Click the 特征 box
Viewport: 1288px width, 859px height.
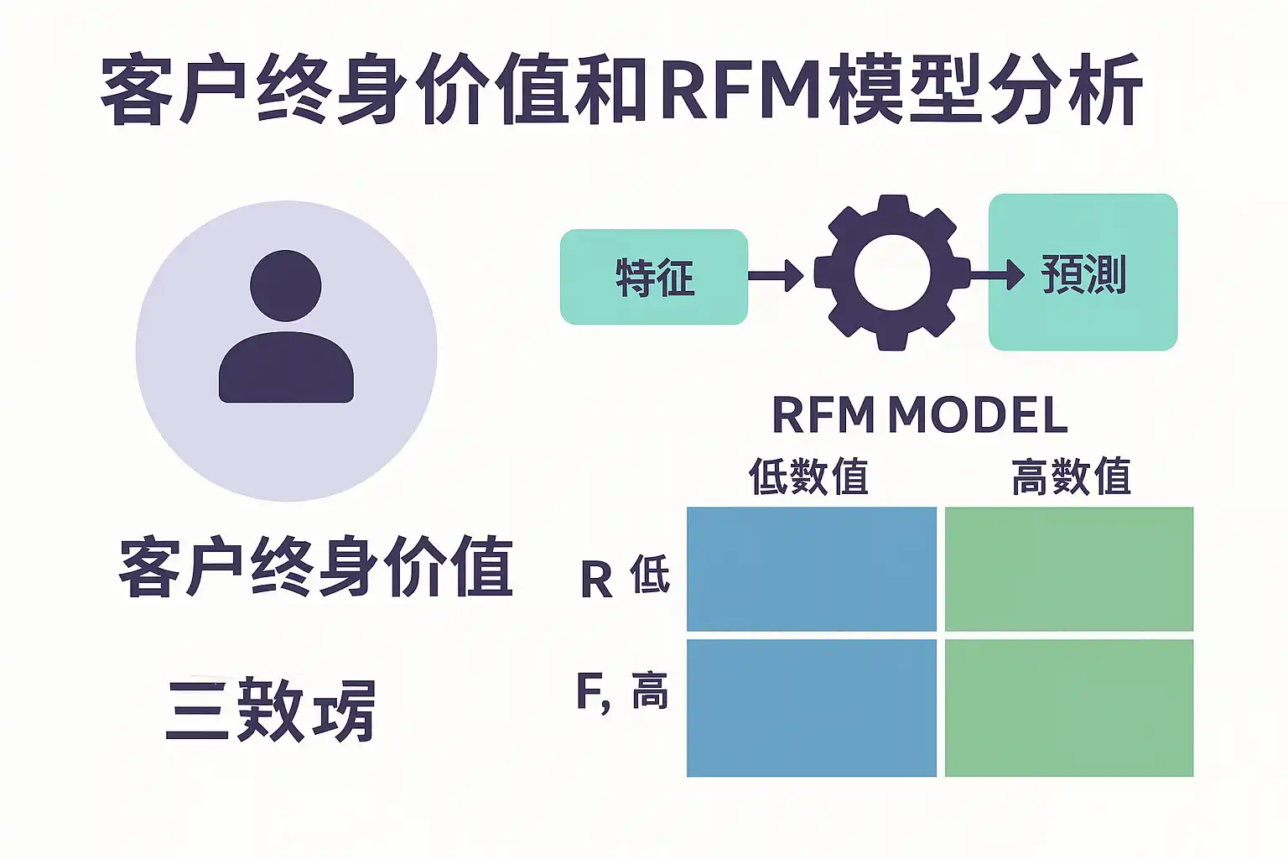point(653,277)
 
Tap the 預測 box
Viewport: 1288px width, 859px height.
point(1083,273)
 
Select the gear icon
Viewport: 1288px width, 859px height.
point(891,273)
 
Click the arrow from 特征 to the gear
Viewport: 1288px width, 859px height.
point(776,274)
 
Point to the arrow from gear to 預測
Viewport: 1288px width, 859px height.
point(996,274)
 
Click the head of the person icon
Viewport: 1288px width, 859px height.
point(286,285)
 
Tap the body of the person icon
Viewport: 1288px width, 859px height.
point(286,369)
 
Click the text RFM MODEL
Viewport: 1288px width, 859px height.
point(919,415)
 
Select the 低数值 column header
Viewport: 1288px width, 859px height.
point(808,476)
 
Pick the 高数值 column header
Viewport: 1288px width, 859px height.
point(1071,476)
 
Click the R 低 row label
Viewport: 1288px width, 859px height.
point(625,577)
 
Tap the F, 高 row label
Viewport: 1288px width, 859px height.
point(621,692)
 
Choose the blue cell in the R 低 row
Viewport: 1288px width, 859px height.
point(811,569)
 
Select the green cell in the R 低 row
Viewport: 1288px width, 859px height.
point(1068,569)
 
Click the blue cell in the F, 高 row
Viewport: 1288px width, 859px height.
point(811,708)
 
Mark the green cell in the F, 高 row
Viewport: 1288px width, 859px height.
point(1068,708)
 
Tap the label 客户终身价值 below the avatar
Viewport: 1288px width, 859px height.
point(316,567)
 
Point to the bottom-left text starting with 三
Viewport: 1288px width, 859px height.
point(271,711)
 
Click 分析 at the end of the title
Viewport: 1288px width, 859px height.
point(1065,88)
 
